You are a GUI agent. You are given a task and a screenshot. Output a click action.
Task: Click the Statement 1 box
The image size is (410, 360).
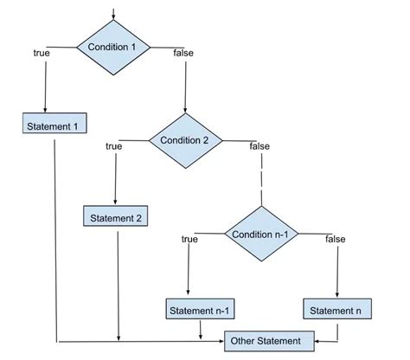tap(54, 125)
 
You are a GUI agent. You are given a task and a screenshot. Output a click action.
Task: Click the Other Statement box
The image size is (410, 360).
tap(266, 340)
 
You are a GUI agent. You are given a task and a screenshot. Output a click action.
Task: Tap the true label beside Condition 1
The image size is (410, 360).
tap(41, 54)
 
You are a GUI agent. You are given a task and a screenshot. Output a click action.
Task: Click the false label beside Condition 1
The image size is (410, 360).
tap(183, 54)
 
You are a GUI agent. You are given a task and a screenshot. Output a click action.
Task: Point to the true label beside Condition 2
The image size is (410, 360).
tap(113, 146)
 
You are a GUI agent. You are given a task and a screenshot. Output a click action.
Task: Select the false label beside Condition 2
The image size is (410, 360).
tap(259, 146)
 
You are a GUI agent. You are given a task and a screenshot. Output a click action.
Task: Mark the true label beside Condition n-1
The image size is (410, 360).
tap(189, 239)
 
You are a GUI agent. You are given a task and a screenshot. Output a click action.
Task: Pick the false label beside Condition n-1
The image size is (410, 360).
tap(336, 239)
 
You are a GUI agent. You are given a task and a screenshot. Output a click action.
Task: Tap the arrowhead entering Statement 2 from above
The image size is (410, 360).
tap(115, 202)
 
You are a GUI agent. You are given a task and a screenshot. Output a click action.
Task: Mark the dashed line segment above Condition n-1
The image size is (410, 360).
tap(262, 183)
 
